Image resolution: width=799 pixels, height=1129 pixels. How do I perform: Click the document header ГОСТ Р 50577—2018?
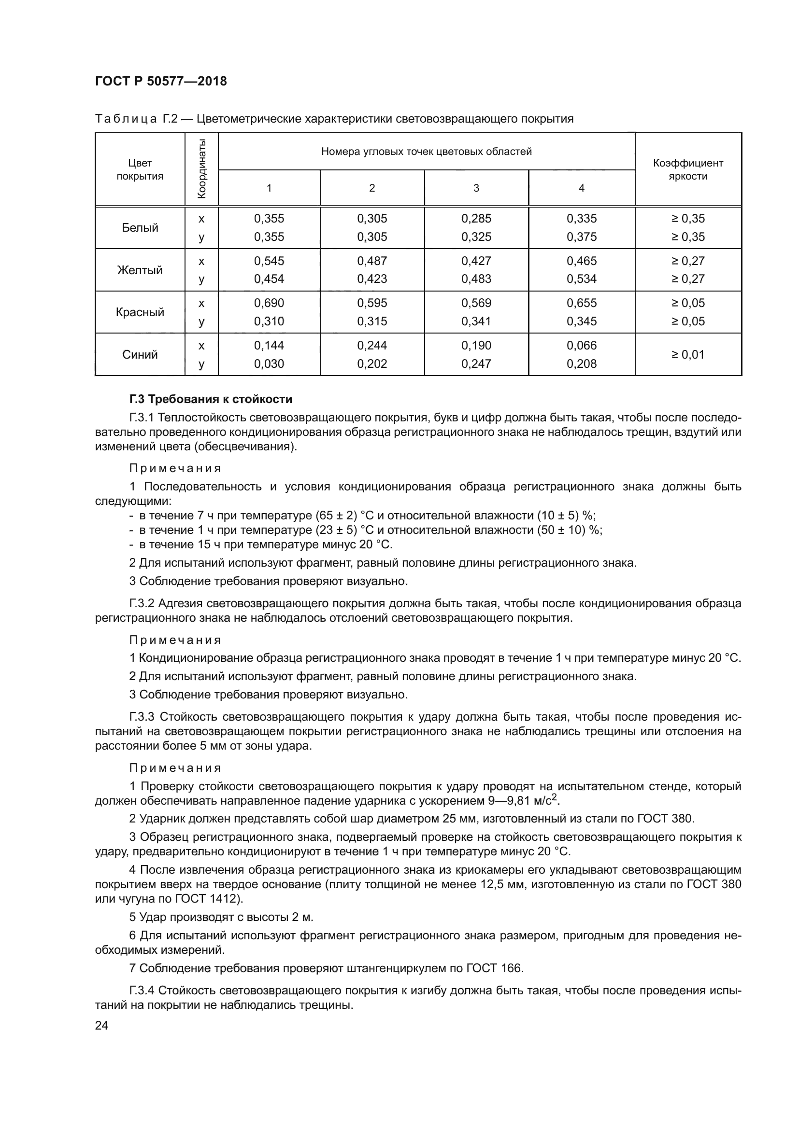(x=161, y=82)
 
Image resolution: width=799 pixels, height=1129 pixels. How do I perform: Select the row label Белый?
(x=140, y=228)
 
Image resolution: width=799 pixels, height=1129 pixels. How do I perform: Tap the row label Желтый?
(x=140, y=270)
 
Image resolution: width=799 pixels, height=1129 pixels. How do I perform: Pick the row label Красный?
(x=140, y=312)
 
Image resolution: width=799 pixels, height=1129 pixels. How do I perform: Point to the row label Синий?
(x=140, y=355)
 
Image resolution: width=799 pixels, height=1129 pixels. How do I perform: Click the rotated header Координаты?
(x=201, y=168)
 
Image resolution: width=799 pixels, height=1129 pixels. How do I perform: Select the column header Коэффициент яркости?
(x=688, y=169)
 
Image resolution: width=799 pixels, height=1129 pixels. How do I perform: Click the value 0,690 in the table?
(x=269, y=303)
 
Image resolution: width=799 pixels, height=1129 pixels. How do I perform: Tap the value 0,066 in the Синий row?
(x=581, y=345)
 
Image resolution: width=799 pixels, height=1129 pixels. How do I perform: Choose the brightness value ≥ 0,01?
(x=688, y=355)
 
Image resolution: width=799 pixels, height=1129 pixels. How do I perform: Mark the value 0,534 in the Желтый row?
(x=581, y=279)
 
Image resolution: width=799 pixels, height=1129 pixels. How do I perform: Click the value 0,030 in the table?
(x=269, y=364)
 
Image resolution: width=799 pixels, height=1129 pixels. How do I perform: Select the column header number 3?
(x=476, y=188)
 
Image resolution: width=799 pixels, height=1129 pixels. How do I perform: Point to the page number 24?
(x=101, y=1025)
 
